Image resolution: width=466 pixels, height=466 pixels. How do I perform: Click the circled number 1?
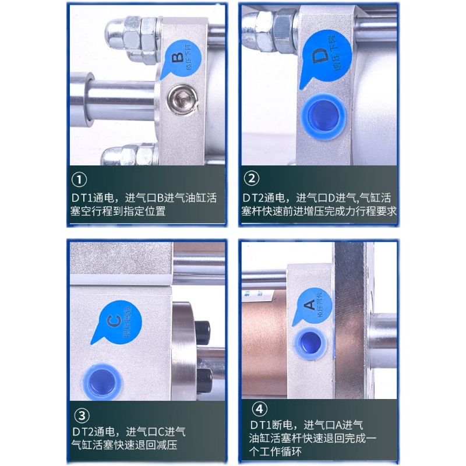point(79,179)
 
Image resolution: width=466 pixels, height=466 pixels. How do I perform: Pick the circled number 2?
point(251,179)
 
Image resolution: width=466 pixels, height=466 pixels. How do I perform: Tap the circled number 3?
point(83,416)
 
